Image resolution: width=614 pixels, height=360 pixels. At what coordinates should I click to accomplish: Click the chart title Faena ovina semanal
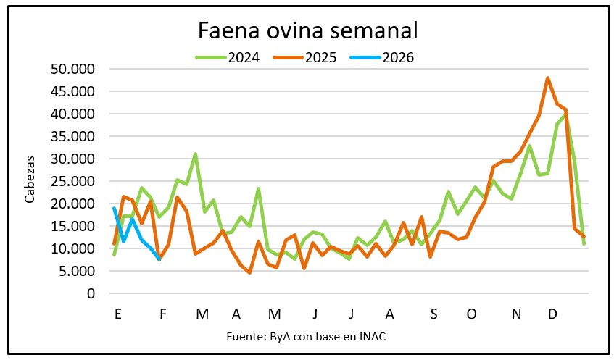coord(308,30)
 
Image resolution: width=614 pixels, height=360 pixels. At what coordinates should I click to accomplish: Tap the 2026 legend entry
coord(397,57)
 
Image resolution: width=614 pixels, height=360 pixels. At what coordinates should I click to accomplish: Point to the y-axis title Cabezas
coord(29,181)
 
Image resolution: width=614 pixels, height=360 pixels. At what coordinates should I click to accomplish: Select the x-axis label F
coord(163,314)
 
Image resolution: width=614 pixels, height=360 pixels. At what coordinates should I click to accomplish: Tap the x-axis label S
coord(433,314)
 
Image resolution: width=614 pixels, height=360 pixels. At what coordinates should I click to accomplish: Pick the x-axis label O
coord(472,314)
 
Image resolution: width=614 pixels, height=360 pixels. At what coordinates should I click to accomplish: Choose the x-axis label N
coord(517,314)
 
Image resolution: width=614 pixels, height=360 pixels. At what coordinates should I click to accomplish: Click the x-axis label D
coord(552,314)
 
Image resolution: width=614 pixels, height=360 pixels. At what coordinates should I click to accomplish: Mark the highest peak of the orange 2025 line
coord(548,78)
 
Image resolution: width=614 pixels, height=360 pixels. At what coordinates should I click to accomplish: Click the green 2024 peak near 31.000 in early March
coord(195,154)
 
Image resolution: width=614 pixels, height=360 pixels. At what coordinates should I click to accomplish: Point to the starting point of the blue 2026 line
coord(115,209)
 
